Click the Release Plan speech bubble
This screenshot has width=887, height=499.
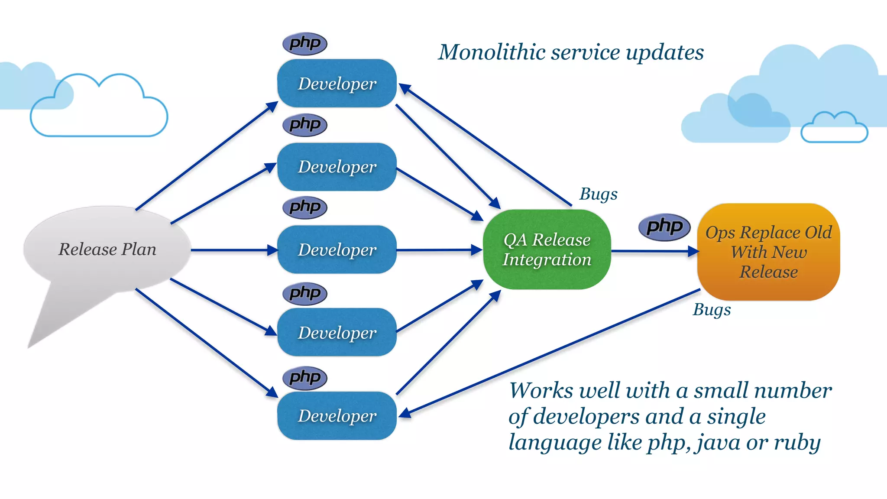pos(107,249)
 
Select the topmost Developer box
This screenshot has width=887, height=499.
pos(337,83)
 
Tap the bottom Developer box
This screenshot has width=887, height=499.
pos(337,415)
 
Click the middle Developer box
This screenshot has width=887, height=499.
pos(337,249)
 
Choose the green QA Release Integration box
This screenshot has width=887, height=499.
pos(547,249)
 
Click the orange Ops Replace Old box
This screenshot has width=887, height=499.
pos(768,252)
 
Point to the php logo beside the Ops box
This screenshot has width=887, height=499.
pos(664,227)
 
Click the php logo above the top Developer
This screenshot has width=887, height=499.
pos(305,43)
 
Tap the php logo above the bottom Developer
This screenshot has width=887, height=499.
pos(305,378)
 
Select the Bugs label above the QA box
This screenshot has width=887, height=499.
pos(599,194)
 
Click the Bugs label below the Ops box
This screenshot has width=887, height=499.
pos(712,310)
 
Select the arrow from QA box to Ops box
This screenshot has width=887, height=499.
pos(654,251)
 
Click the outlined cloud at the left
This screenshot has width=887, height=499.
pos(99,108)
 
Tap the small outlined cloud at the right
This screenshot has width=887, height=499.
pos(834,128)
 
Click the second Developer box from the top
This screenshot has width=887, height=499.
pos(337,167)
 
